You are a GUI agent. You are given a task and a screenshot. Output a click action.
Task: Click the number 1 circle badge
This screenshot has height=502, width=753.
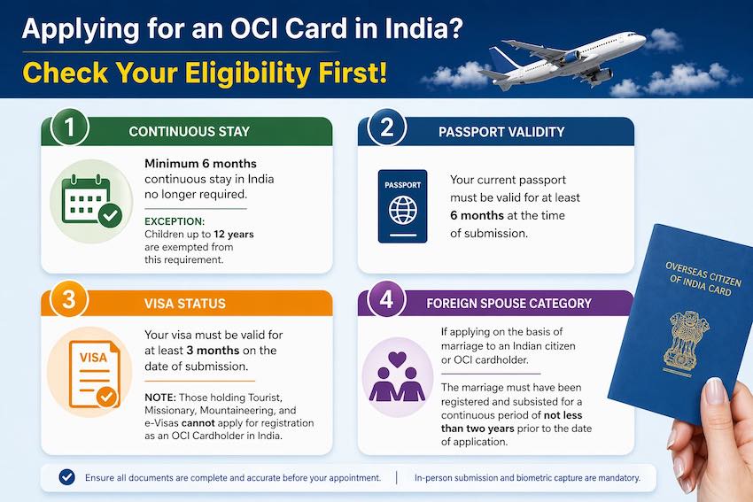tap(70, 127)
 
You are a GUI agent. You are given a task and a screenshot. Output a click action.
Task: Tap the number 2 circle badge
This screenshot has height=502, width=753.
tap(386, 127)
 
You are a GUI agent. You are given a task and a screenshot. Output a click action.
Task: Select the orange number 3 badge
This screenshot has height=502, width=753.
tap(69, 299)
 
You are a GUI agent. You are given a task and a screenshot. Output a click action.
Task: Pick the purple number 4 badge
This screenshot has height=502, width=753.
tap(386, 299)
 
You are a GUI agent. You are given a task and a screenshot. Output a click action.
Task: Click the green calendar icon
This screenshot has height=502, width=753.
tap(92, 201)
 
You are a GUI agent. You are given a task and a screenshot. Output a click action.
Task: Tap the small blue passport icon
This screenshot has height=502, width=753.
tap(402, 206)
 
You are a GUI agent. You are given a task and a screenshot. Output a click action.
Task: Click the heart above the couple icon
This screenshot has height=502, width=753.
tap(397, 359)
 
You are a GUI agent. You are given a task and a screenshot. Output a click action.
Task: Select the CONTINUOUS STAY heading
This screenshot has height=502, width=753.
tap(190, 132)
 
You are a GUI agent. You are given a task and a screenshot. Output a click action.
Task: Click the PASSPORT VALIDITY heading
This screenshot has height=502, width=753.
tap(501, 132)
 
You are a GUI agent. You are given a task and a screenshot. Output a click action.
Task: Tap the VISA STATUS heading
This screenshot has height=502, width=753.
tap(185, 304)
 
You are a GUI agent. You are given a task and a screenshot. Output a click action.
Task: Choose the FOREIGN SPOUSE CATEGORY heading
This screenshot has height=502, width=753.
tap(509, 304)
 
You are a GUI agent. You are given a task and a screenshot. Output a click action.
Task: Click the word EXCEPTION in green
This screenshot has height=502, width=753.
tap(175, 221)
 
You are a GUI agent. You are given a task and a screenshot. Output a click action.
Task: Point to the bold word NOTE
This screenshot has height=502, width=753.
tap(160, 398)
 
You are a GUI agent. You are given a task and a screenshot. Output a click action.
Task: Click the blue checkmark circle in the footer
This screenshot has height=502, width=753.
tap(66, 477)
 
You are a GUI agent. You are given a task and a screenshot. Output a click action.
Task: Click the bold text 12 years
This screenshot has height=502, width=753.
tap(233, 235)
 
